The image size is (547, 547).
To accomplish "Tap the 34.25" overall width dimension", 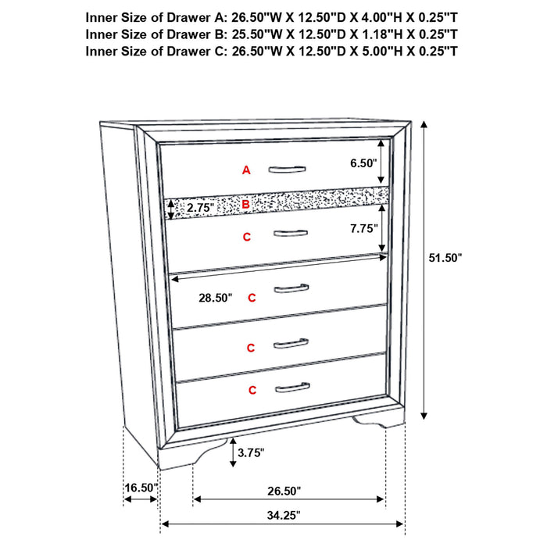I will click(282, 514).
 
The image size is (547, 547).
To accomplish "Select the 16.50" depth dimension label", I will click(141, 488).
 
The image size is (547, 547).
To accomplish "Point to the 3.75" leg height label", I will click(251, 452).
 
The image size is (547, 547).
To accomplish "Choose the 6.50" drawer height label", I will click(364, 163).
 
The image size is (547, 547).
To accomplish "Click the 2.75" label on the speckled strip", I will click(201, 207).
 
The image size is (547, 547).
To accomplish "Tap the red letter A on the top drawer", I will click(246, 170).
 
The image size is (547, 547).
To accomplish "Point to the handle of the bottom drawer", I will click(292, 387).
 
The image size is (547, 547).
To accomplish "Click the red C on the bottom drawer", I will click(252, 389).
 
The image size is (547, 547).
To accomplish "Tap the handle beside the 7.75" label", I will click(290, 232).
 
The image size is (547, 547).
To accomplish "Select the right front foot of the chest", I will click(373, 423).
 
